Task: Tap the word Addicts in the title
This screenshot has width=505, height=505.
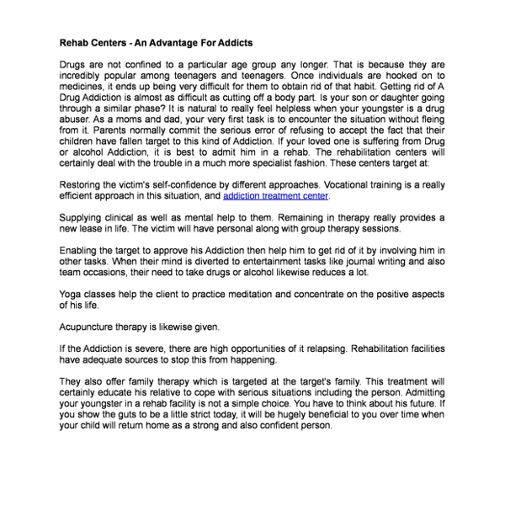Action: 232,42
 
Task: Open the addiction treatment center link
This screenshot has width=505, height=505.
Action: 276,195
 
